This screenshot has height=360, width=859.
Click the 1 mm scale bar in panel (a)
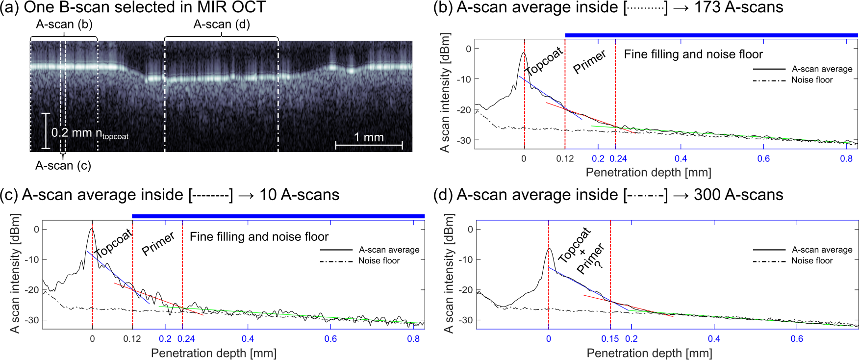369,144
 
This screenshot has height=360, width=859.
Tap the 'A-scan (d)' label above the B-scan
222,24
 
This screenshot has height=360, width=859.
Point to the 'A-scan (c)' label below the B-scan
63,166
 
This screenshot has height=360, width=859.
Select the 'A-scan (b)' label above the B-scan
64,24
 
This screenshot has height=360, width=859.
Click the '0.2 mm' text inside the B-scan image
72,132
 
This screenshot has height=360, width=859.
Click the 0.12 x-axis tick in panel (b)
565,159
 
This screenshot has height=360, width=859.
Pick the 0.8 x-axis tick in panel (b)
846,159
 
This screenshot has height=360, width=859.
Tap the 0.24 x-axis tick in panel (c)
186,339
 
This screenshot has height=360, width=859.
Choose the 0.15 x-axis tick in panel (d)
610,339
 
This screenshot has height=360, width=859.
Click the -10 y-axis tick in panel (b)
464,79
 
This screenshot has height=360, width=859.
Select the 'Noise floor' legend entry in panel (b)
812,80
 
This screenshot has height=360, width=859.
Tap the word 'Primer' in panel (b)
590,62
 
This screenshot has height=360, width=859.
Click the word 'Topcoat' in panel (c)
114,243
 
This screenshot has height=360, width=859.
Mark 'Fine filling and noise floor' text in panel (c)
259,237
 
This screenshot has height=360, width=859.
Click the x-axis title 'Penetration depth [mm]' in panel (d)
649,353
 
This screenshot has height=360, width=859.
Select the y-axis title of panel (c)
15,273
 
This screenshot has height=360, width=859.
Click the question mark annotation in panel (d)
598,263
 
